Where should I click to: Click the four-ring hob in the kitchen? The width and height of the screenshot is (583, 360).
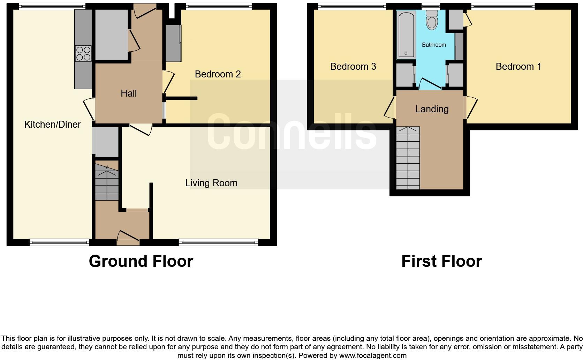(83, 53)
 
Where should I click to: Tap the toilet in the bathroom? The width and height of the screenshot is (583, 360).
(432, 20)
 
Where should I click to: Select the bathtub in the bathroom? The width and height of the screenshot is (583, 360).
(406, 35)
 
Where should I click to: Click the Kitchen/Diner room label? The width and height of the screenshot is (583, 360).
(52, 124)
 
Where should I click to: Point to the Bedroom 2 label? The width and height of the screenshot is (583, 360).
(218, 74)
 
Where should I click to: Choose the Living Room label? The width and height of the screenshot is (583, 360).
(211, 183)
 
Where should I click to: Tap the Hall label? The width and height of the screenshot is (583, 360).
(129, 93)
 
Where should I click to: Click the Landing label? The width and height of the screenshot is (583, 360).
(432, 109)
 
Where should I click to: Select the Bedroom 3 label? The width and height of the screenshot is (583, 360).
(353, 66)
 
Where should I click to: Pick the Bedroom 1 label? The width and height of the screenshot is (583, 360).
(518, 66)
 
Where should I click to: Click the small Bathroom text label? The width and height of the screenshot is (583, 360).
(434, 45)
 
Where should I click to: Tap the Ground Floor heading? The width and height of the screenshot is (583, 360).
(141, 261)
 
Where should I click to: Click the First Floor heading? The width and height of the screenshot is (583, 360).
(441, 261)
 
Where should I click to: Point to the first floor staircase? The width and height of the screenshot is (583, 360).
(408, 159)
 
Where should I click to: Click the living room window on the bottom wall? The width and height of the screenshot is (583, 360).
(218, 242)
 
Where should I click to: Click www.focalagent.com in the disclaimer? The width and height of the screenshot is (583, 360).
(373, 355)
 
